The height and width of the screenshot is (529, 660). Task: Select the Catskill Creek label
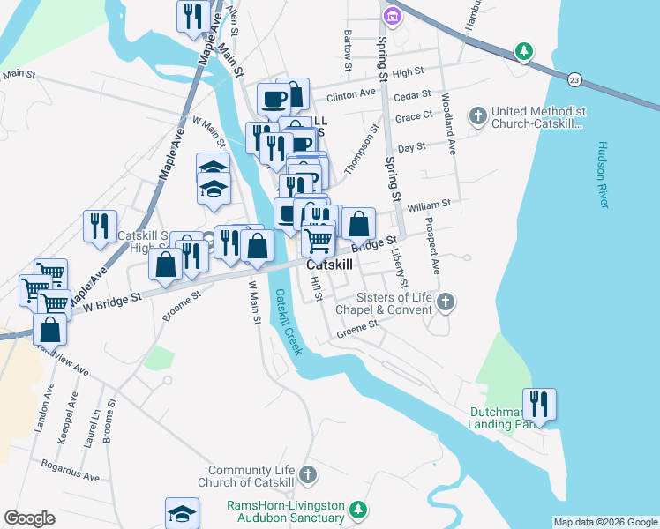click(288, 322)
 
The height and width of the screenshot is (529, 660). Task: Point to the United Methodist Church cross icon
click(477, 116)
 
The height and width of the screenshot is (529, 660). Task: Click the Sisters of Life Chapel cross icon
click(446, 302)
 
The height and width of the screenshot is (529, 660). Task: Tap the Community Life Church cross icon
click(307, 475)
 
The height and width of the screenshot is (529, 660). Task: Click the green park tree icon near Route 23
click(524, 52)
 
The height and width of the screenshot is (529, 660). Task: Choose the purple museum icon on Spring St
click(392, 15)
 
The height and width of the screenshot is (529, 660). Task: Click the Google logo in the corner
click(29, 518)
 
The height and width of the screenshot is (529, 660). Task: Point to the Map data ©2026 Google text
click(605, 522)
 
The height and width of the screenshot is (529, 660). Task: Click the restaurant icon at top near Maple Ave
click(192, 16)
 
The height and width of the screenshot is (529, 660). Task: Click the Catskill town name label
click(329, 264)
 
